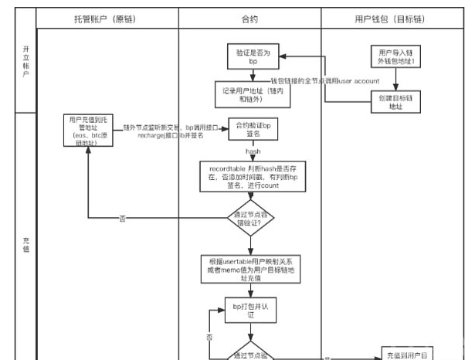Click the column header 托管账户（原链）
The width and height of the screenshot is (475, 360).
107,16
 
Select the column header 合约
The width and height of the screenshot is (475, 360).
249,16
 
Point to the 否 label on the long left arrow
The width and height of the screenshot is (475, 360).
121,219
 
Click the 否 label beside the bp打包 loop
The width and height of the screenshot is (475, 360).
209,338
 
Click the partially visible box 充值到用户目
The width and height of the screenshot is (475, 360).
405,355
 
